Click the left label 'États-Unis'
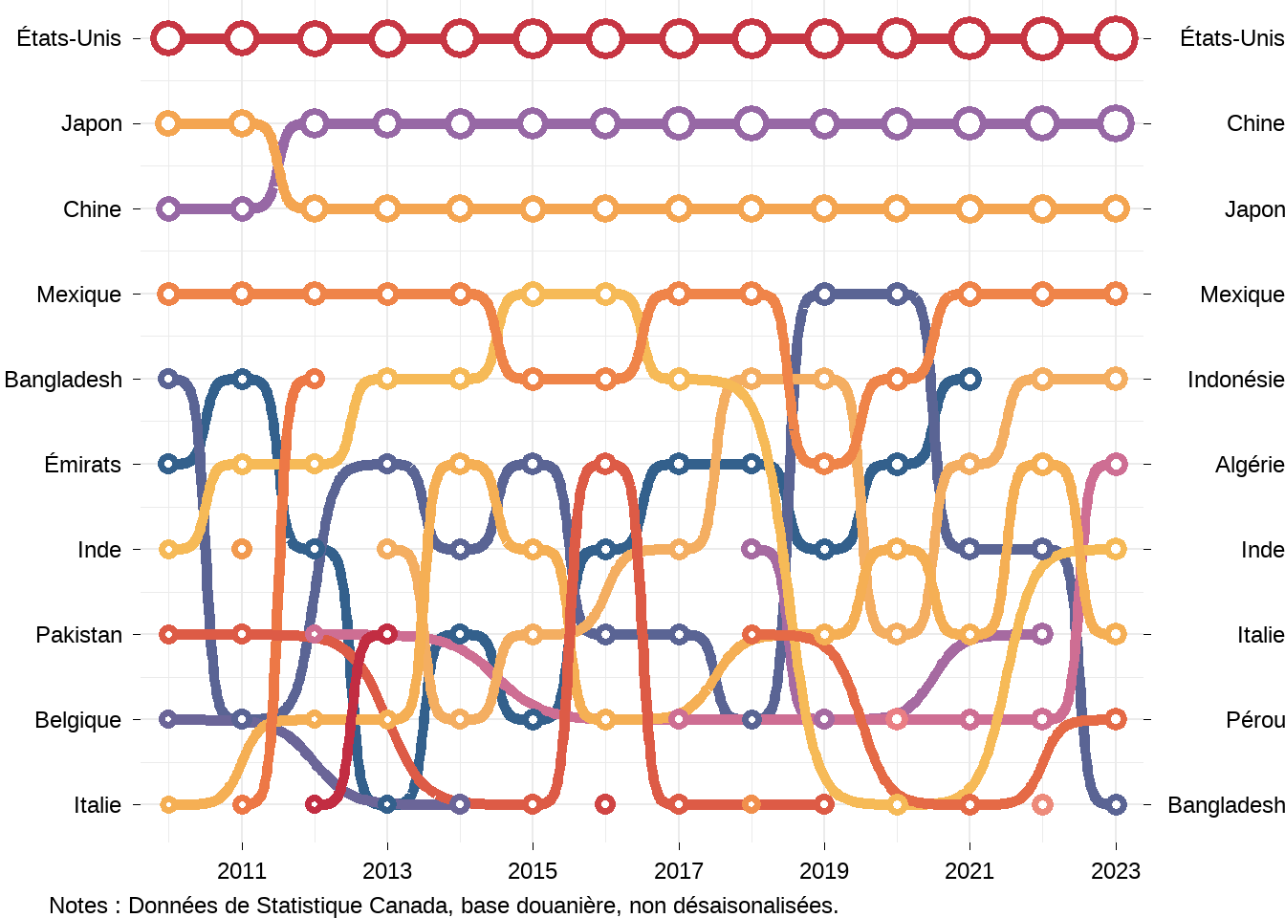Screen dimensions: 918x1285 pos(69,38)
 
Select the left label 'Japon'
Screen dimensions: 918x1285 pos(92,123)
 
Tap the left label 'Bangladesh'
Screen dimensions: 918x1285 pos(63,380)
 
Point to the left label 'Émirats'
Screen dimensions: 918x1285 pos(83,465)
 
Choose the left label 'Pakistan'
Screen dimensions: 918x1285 pos(79,635)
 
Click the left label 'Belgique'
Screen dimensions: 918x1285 pos(78,720)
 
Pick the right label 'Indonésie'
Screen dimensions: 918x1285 pos(1234,380)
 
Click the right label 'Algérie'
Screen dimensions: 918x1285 pos(1249,465)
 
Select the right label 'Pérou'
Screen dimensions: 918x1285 pos(1254,720)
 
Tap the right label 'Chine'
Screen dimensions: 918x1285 pos(1254,123)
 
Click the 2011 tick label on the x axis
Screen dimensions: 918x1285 pos(242,871)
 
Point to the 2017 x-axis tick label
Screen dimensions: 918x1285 pos(679,871)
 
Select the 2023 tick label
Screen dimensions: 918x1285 pos(1116,871)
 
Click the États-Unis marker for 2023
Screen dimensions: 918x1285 pos(1116,39)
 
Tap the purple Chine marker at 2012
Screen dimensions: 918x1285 pos(315,123)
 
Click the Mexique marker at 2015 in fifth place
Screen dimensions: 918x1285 pos(533,379)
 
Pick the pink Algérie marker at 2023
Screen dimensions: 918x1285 pos(1116,464)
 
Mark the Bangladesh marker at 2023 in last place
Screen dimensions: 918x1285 pos(1116,804)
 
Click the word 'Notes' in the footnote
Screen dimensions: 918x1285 pos(78,906)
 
